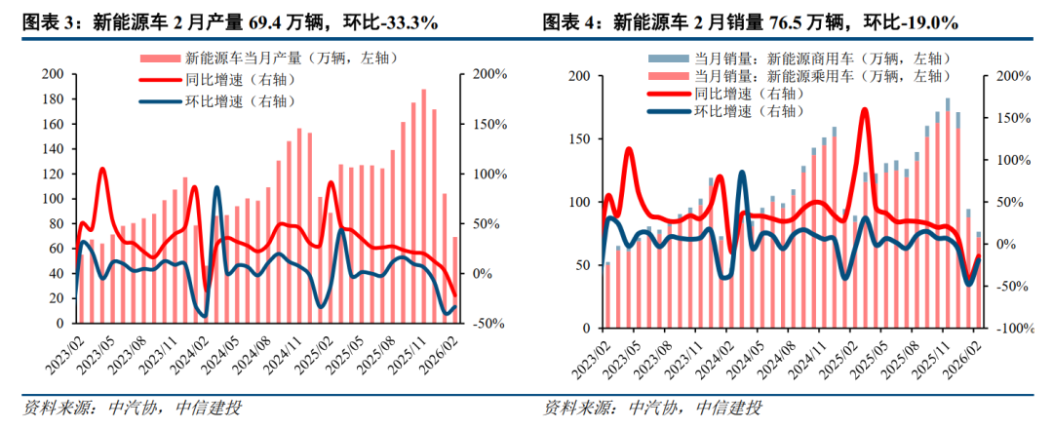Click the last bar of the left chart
(454, 280)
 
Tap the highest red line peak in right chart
(864, 109)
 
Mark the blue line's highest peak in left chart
(216, 187)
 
